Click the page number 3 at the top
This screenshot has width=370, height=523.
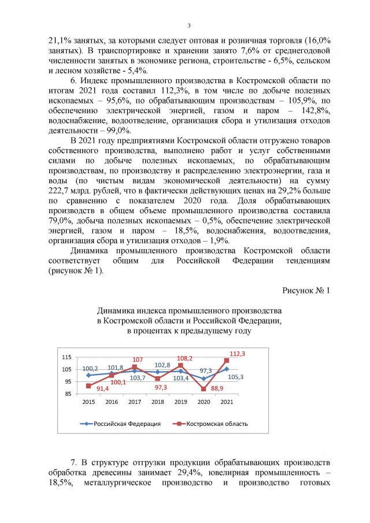click(188, 25)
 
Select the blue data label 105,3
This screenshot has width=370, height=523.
click(235, 377)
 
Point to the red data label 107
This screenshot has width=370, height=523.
click(138, 359)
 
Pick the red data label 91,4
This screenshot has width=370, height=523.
click(103, 389)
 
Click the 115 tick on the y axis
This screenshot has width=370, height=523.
click(67, 358)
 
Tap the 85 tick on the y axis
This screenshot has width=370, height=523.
click(69, 394)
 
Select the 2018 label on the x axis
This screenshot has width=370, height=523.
click(158, 402)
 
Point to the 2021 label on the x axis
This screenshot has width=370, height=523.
click(227, 402)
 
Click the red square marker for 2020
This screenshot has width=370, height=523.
click(203, 389)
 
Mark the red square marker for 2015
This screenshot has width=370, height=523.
click(88, 386)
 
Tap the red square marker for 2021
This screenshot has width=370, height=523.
click(227, 361)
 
